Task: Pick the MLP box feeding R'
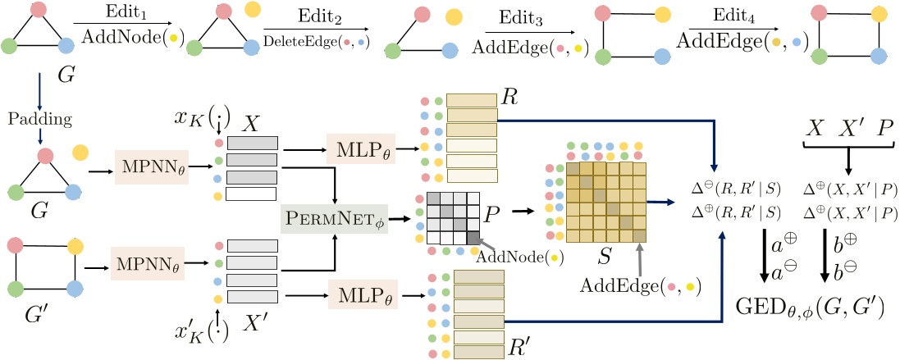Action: point(361,294)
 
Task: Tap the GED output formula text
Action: point(808,308)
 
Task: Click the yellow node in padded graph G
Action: point(80,151)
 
